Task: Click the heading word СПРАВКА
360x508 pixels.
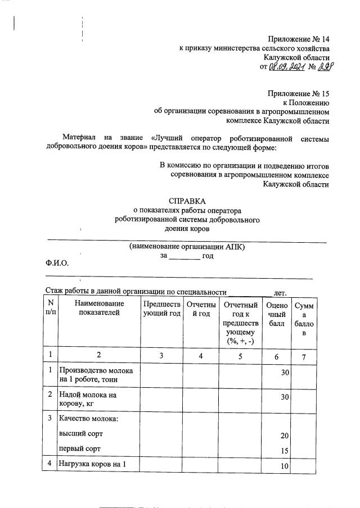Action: (x=187, y=201)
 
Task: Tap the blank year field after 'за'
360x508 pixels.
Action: (x=184, y=256)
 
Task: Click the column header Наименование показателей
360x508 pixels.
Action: (x=99, y=308)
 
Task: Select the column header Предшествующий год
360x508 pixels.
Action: (x=161, y=308)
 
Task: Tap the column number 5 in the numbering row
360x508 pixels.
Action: (x=240, y=355)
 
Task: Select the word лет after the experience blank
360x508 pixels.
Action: (x=280, y=292)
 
